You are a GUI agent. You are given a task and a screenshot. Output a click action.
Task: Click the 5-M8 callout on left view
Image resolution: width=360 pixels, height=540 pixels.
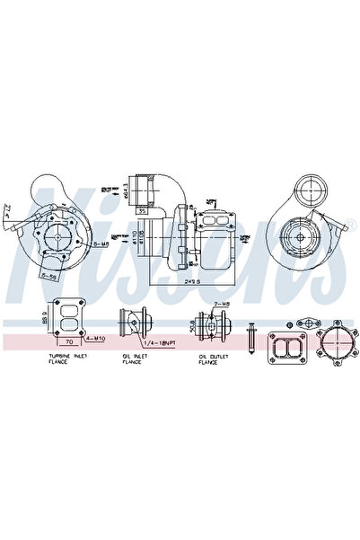pyautogui.click(x=102, y=243)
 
